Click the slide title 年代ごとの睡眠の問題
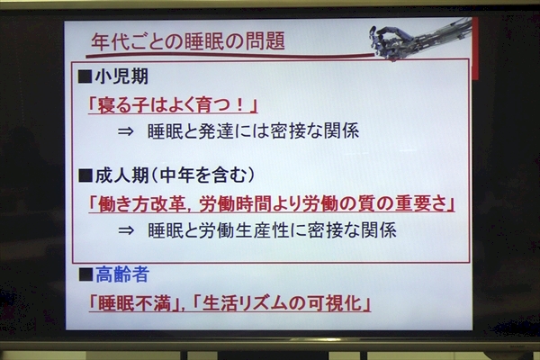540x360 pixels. coord(188,41)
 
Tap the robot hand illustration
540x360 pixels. coord(420,38)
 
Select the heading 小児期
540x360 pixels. coord(121,76)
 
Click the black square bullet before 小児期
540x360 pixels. coord(85,76)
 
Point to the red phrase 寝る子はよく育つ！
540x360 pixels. coord(172,104)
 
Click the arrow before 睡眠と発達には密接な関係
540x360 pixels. coord(125,131)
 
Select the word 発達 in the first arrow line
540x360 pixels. coord(216,131)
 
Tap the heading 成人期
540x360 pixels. coord(121,175)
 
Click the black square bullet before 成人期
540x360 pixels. coord(85,175)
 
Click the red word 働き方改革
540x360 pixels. coord(142,204)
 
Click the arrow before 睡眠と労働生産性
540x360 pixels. coord(126,230)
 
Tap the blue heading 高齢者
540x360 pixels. coord(122,274)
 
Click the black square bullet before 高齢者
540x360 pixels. coord(85,274)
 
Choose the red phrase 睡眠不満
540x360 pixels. coord(134,303)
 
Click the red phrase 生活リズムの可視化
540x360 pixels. coord(282,303)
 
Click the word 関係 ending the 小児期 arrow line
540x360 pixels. coord(342,131)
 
